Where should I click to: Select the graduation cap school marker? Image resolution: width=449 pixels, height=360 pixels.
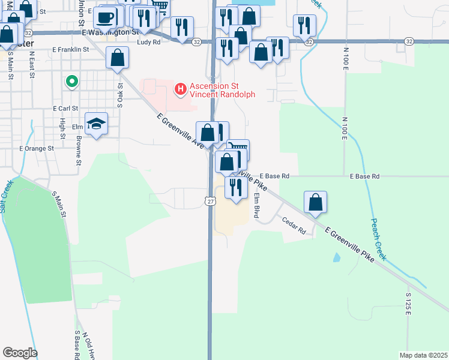click(x=96, y=124)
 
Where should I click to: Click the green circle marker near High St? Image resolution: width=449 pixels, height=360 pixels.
click(x=71, y=80)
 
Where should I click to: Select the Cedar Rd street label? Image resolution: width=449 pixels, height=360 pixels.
click(x=294, y=226)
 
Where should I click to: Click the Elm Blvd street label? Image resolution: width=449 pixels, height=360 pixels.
click(x=257, y=204)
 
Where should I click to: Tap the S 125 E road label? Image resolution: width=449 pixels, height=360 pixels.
click(x=408, y=305)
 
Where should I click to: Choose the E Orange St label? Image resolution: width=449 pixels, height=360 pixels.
click(x=37, y=148)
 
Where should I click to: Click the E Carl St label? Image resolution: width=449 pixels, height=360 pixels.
click(x=66, y=109)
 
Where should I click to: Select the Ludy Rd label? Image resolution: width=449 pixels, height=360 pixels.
click(x=148, y=43)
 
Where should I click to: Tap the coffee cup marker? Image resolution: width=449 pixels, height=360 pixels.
click(x=106, y=17)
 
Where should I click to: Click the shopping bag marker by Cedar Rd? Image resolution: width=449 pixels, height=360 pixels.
click(x=315, y=203)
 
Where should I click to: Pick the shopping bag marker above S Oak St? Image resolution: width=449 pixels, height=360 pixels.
click(x=118, y=58)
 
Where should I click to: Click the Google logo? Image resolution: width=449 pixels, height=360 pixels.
click(x=20, y=353)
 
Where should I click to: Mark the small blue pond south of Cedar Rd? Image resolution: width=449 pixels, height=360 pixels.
click(x=336, y=258)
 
